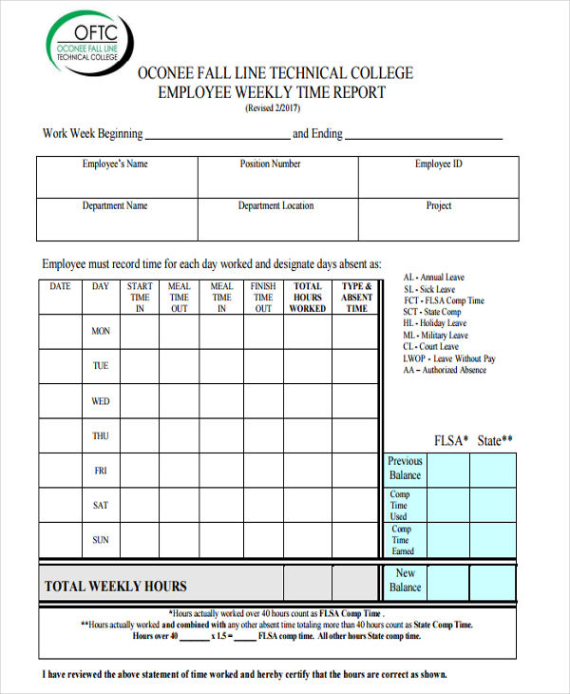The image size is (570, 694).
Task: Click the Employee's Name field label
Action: tap(115, 164)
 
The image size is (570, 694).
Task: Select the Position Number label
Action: tap(271, 164)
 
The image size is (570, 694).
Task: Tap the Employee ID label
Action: tap(439, 164)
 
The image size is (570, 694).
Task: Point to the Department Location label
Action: tap(275, 205)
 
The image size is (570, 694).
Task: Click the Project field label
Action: tap(439, 205)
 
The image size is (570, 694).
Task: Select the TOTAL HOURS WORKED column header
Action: tap(307, 297)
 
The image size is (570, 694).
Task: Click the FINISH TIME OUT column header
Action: tap(263, 297)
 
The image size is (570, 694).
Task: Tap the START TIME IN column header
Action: tap(140, 297)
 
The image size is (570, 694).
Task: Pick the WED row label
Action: tap(101, 401)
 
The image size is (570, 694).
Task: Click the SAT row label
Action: tap(101, 506)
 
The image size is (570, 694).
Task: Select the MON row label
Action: tap(101, 332)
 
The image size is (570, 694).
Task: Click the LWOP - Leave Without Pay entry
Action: tap(449, 358)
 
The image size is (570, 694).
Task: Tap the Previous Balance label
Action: tap(405, 468)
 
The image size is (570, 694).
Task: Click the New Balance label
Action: tap(405, 580)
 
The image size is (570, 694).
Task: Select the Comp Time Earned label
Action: tap(403, 540)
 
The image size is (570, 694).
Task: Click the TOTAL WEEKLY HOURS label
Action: tap(116, 587)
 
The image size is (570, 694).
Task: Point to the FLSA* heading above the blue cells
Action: tap(451, 440)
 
